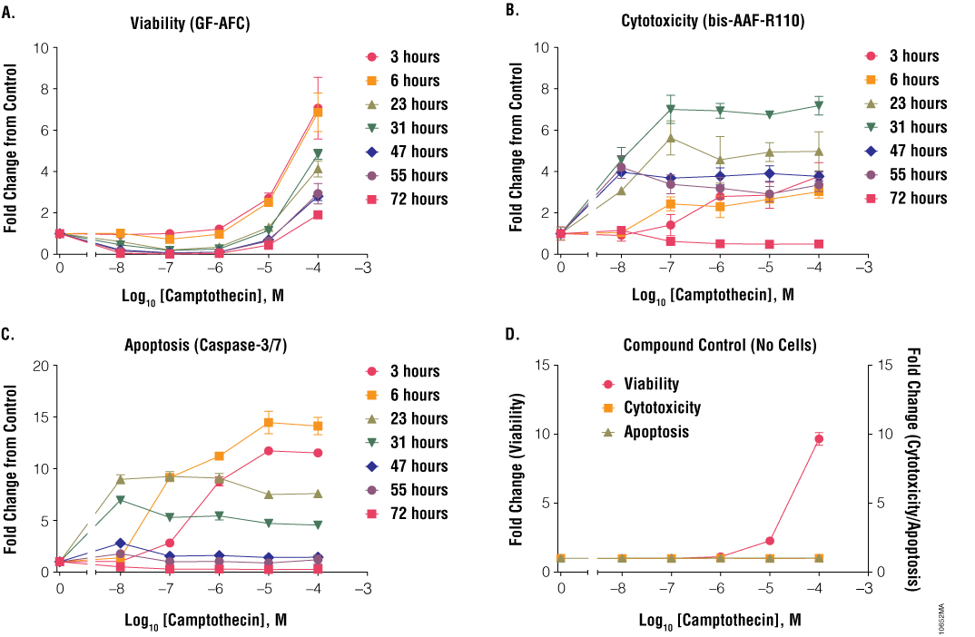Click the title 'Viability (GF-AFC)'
190,24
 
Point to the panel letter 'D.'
512,335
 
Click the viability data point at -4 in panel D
819,439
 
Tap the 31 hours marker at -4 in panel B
819,106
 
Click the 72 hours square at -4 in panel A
318,215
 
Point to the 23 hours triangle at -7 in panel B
671,138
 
